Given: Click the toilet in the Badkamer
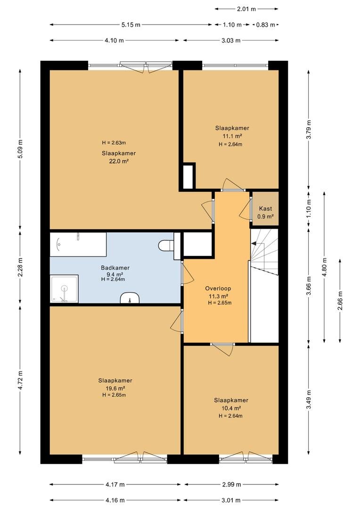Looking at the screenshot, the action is coord(166,246).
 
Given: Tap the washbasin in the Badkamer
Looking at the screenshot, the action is coord(130,298).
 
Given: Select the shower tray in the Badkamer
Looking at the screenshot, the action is coord(64,288).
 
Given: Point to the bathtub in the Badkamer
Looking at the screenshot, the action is coord(78,244).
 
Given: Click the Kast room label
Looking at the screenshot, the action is coord(266,209).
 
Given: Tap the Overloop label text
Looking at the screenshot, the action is coord(218,288).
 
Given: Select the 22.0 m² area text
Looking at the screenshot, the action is coord(119,161).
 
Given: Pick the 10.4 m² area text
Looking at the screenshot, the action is coord(231,408).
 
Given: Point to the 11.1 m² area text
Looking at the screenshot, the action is coord(232,136).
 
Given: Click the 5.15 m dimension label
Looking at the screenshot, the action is coord(131,25).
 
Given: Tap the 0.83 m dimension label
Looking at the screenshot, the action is coord(266,25).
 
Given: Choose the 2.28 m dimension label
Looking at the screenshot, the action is coord(20,268).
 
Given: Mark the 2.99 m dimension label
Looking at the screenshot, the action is coord(232,484).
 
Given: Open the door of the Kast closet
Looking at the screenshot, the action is coord(245,208).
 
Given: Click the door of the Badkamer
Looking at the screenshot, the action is coord(188,273).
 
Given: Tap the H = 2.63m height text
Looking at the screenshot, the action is coord(114,142).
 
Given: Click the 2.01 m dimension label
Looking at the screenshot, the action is coord(246,9).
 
